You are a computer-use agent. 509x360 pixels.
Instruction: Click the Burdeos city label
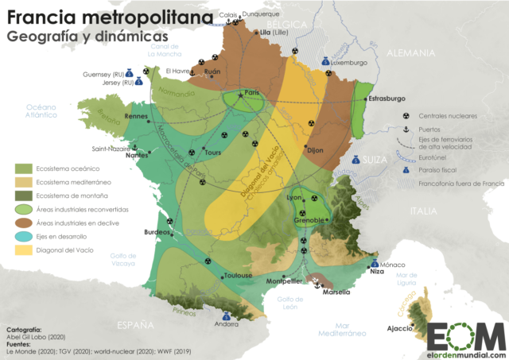156,232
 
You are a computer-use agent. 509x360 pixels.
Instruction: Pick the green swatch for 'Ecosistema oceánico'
24,168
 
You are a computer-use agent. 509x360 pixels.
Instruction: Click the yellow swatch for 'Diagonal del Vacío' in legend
24,251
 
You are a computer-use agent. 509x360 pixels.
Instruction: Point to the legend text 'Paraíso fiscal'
442,169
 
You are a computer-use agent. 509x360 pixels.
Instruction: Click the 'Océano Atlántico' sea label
41,110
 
